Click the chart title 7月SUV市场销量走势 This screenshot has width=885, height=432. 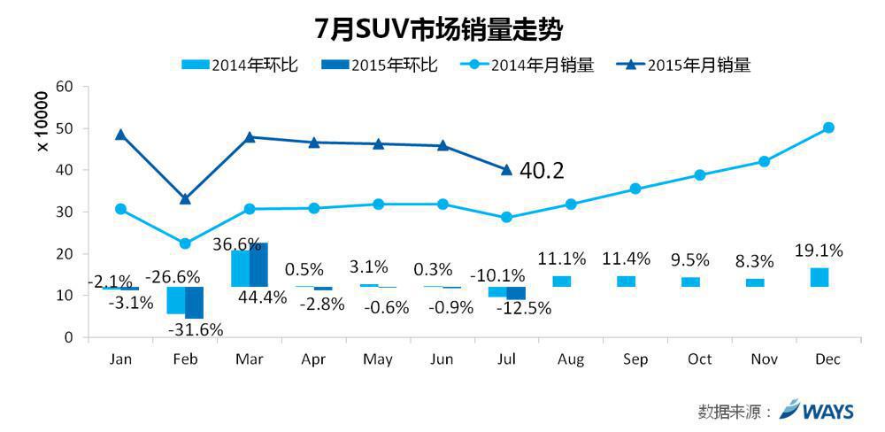[440, 27]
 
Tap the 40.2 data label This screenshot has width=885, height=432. [542, 169]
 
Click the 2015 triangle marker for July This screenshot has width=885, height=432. [506, 169]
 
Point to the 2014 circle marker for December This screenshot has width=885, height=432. [828, 127]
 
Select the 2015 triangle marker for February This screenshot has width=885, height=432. [185, 199]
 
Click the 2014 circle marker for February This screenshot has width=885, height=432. [185, 243]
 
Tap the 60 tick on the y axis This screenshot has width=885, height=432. [64, 87]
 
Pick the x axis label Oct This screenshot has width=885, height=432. [699, 359]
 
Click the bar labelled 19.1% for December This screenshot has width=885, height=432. [820, 277]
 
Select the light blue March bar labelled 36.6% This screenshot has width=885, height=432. [240, 268]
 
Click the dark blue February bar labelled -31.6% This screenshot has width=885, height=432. [194, 303]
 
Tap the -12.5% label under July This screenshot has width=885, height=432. [523, 308]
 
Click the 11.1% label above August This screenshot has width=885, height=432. [562, 258]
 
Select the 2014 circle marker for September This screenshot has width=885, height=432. [635, 189]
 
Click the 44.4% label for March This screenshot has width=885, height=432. [262, 297]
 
